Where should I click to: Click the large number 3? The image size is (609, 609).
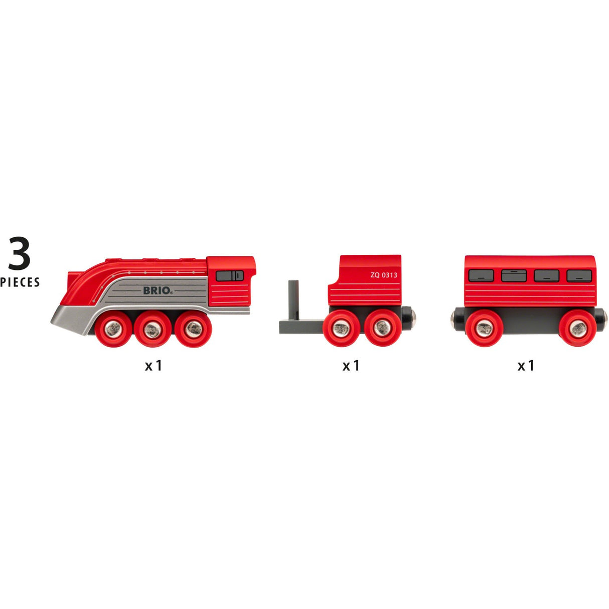tap(19, 253)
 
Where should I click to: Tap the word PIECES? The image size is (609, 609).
tap(20, 282)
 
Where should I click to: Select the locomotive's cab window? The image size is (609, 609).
tap(230, 275)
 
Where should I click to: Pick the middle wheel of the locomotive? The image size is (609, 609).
tap(152, 329)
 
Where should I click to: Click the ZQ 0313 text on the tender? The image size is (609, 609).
tap(384, 275)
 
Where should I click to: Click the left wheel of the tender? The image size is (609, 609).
tap(341, 329)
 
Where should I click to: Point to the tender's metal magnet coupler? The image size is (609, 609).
tap(414, 317)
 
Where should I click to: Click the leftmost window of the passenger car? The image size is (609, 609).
tap(481, 275)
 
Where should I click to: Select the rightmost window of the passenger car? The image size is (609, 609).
tap(579, 275)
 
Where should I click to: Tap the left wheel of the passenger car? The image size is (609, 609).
tap(484, 329)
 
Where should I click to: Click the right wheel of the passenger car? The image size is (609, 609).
tap(578, 329)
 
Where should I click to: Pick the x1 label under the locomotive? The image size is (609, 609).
tap(154, 366)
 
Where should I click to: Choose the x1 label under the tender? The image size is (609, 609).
tap(351, 366)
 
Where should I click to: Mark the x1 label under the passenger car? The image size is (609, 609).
tap(526, 366)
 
